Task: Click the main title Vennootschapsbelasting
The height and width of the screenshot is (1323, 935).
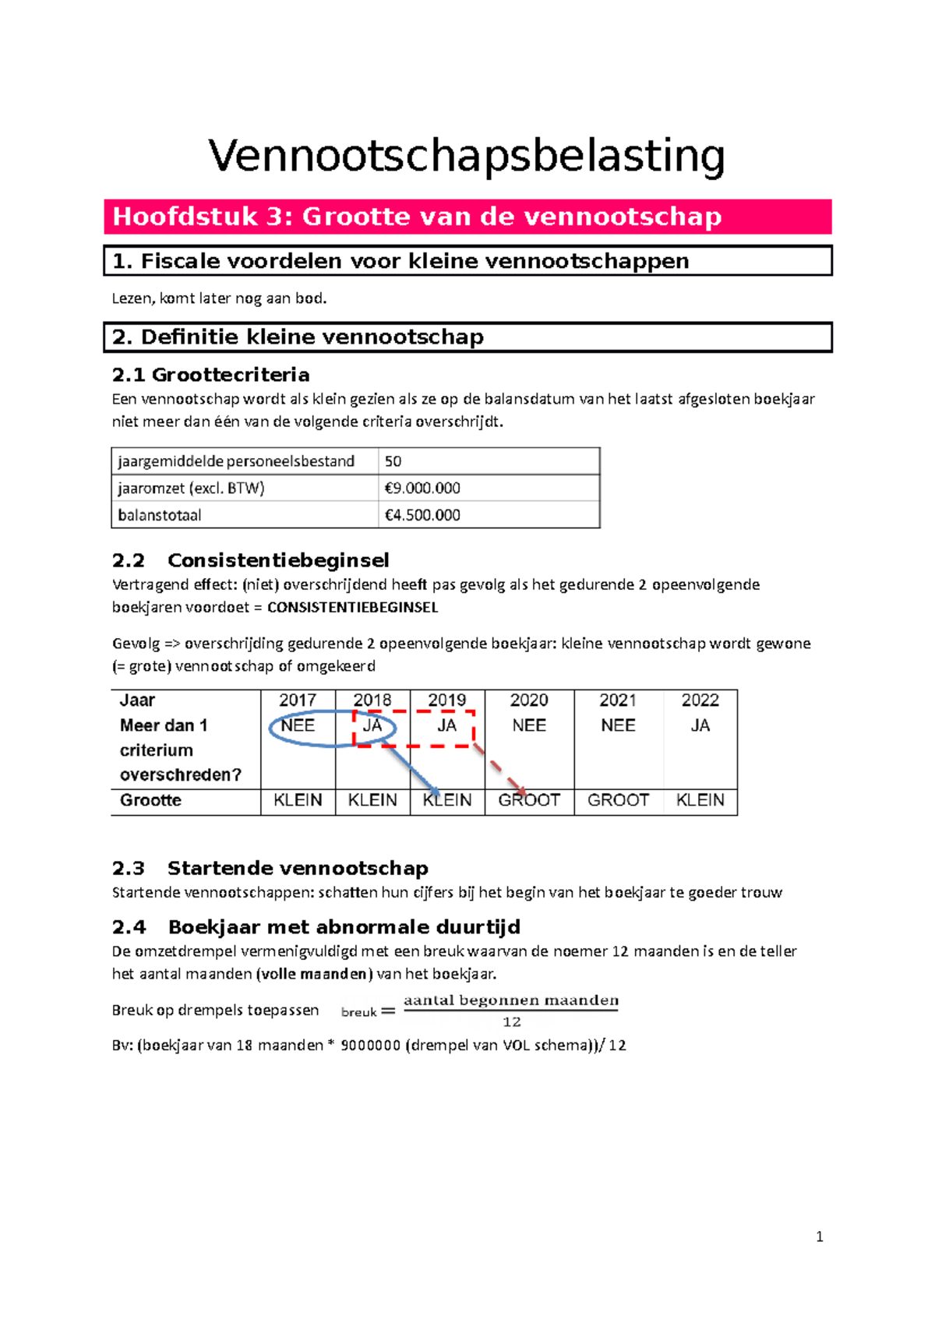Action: [466, 156]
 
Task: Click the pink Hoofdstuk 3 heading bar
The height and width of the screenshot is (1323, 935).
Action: [467, 217]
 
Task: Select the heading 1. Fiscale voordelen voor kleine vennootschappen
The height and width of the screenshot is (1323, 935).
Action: [400, 261]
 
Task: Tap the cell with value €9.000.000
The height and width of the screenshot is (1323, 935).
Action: [422, 489]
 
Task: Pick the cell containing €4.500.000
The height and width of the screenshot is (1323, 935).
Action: [422, 515]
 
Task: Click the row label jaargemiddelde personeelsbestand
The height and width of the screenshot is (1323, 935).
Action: [236, 461]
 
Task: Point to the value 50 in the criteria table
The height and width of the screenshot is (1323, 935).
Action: [393, 461]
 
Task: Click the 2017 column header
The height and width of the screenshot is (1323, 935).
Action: [298, 700]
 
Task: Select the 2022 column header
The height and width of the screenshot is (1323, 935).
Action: [700, 700]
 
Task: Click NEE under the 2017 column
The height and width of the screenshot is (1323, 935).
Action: [298, 725]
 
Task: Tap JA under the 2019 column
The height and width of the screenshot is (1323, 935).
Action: [446, 725]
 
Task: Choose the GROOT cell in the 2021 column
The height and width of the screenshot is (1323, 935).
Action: [618, 800]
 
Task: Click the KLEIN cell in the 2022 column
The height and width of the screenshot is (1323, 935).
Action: [700, 800]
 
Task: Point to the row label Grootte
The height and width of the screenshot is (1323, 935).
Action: [150, 800]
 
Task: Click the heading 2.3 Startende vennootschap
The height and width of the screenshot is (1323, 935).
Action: [270, 868]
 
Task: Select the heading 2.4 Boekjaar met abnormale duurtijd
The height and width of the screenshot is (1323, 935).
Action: [316, 927]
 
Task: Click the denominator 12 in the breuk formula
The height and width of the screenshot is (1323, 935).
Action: [511, 1022]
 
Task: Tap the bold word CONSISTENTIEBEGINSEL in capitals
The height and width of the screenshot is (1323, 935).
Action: [352, 608]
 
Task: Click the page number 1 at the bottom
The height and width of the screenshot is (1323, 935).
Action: [819, 1237]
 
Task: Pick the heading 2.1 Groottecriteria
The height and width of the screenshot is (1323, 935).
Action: [210, 375]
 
